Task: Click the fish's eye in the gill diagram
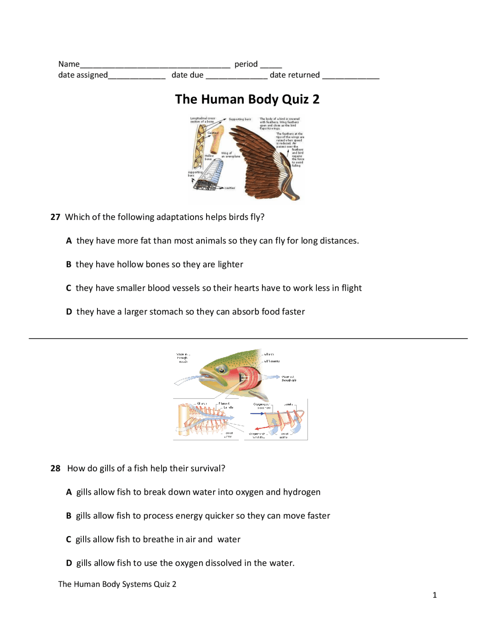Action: point(222,370)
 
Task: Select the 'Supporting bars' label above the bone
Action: point(239,119)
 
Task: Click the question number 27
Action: point(55,217)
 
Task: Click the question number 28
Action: point(55,468)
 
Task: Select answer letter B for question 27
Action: point(69,265)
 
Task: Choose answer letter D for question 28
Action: point(69,563)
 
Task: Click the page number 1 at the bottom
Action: point(435,595)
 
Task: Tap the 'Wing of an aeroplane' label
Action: point(230,155)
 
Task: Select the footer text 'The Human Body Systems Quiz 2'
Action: point(117,584)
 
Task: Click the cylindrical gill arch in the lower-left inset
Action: point(183,419)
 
